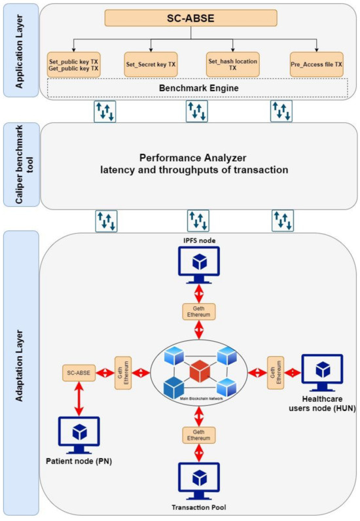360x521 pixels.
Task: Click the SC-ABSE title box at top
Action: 195,17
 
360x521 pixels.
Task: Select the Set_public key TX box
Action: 73,64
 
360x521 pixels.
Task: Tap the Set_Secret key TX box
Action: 151,65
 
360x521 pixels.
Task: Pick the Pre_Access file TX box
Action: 317,65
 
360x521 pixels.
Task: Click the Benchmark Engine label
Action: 196,87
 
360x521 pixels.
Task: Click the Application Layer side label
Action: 18,51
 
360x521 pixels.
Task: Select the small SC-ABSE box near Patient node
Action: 79,373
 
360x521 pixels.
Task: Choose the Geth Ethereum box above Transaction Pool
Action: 197,435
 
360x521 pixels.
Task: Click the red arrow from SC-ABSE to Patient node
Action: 79,399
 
